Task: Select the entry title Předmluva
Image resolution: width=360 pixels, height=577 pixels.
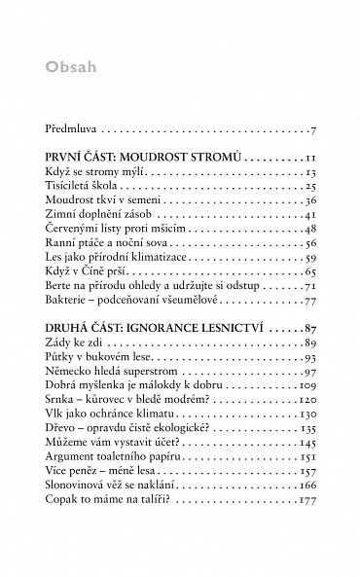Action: pyautogui.click(x=73, y=127)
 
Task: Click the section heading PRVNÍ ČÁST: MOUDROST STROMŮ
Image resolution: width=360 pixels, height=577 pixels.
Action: pyautogui.click(x=143, y=157)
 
